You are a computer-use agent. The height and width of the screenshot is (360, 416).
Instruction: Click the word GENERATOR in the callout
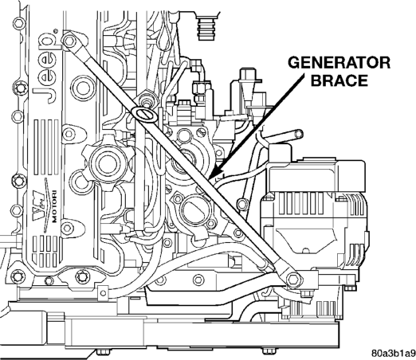coord(339,63)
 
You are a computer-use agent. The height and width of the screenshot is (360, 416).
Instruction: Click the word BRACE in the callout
coord(339,80)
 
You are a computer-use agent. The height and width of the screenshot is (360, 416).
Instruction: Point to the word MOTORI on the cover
coord(54,206)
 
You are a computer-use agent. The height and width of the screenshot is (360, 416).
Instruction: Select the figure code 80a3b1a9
coord(394,354)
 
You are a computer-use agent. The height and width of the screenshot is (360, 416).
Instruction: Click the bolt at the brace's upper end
coord(69,41)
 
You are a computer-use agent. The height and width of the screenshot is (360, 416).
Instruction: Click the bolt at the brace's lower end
coord(292,280)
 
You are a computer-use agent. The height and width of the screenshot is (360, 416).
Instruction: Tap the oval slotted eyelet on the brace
coord(144,114)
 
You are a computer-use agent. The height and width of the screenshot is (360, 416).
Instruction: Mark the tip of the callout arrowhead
coord(209,180)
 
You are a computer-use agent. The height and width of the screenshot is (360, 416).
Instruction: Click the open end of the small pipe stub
coord(300,134)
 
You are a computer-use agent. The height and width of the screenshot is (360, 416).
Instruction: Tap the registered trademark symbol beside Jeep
coord(56,31)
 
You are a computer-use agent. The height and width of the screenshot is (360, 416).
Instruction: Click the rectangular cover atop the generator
coord(317,175)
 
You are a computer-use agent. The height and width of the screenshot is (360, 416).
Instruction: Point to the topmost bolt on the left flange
coord(19,24)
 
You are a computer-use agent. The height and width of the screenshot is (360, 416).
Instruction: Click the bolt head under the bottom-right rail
coord(267,351)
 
